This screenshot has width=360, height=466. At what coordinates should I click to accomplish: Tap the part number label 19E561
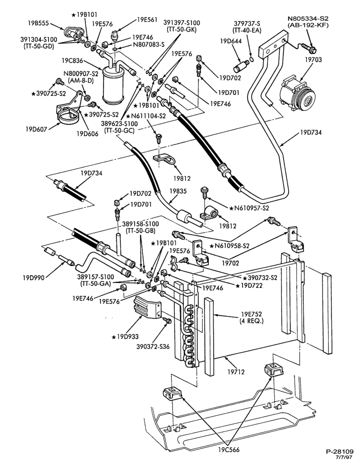coord(147,20)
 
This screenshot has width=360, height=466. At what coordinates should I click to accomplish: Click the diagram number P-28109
coord(339,452)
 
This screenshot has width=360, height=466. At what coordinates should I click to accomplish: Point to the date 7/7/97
coord(344,458)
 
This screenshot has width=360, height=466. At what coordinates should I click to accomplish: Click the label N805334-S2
coord(308,19)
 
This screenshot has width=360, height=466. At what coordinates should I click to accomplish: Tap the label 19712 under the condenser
coord(236,371)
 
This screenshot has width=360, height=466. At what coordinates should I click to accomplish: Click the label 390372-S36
coord(153,347)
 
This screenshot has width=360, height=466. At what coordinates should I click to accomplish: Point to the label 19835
coord(178,191)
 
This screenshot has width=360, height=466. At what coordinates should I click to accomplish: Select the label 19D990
coord(33,278)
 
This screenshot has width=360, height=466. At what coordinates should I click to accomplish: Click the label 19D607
coord(36,129)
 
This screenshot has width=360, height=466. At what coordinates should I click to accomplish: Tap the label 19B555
coord(39,22)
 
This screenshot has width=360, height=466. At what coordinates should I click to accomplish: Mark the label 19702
coord(230,263)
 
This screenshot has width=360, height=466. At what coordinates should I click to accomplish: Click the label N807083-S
coord(148,45)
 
